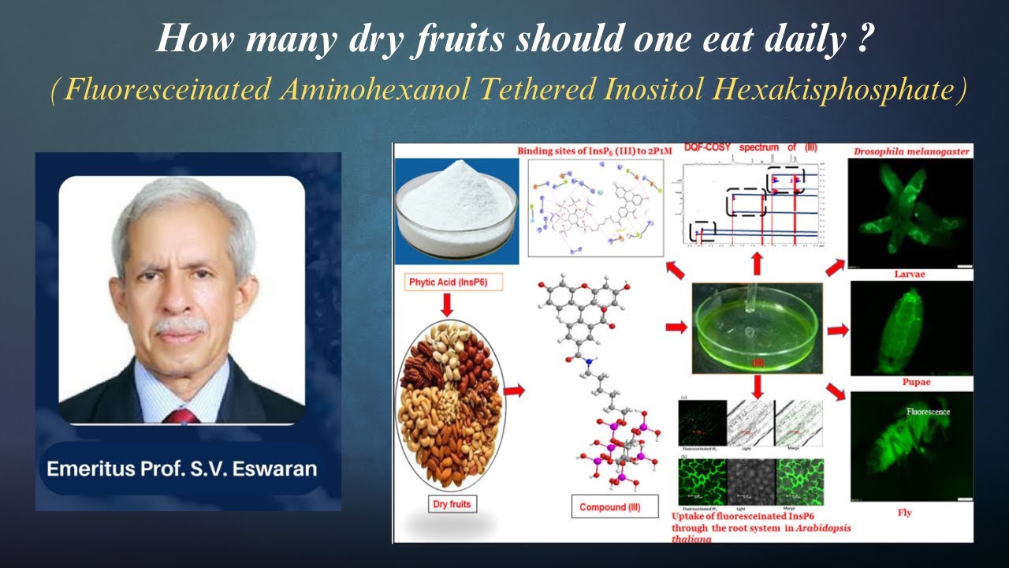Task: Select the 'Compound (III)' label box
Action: click(x=614, y=506)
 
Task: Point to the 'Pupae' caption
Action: click(x=909, y=382)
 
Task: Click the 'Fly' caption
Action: click(x=904, y=513)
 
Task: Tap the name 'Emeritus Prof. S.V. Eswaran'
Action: click(x=181, y=469)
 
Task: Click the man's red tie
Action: click(x=181, y=416)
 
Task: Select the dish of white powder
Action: click(x=456, y=207)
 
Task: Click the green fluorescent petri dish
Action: click(x=757, y=327)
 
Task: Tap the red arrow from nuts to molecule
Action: click(x=513, y=390)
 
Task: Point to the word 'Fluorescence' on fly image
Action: click(x=929, y=412)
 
